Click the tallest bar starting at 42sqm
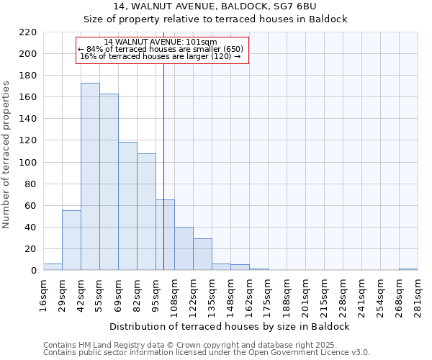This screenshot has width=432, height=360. tap(90, 176)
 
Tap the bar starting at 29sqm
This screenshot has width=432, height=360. tap(71, 240)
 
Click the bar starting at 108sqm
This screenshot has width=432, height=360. tap(184, 248)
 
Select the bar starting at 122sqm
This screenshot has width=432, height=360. tap(202, 254)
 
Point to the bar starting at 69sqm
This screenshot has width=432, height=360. tap(127, 206)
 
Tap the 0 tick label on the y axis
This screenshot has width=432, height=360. tap(33, 271)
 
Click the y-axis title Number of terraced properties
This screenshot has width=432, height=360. tap(7, 155)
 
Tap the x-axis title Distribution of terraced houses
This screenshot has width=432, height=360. tap(230, 326)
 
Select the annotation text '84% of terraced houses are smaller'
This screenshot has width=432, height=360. tap(161, 49)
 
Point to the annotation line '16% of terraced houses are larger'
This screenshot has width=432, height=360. tap(161, 56)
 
